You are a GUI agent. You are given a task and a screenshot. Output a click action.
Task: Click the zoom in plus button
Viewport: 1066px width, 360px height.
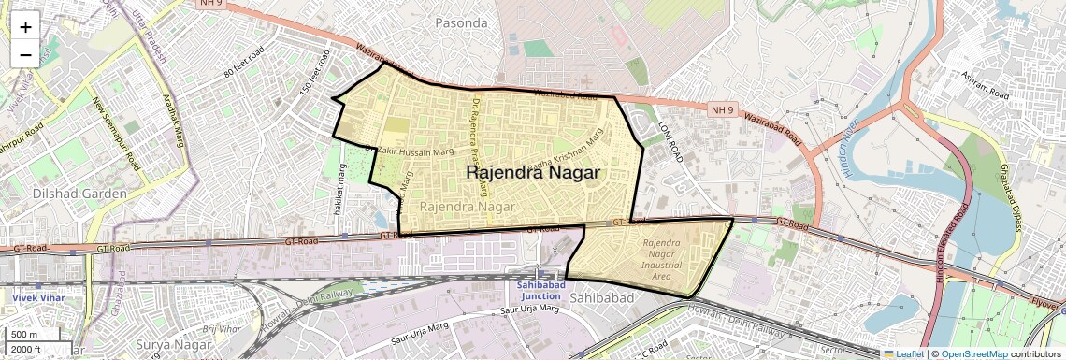pos(25,26)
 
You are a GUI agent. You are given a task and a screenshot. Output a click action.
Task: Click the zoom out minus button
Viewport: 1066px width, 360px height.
pos(25,54)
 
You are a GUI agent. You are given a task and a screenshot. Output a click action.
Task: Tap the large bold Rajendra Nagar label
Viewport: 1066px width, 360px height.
pos(532,173)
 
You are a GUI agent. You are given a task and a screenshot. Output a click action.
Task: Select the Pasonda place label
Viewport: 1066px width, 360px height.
pos(462,22)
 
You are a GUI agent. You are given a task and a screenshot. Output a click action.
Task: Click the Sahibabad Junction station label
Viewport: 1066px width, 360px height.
pos(540,290)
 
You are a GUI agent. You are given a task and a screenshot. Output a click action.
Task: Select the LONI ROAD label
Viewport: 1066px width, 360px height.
pos(670,141)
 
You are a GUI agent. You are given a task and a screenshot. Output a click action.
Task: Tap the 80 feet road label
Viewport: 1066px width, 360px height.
pos(244,60)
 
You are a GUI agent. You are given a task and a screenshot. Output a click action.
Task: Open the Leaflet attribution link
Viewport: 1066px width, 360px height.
pos(904,354)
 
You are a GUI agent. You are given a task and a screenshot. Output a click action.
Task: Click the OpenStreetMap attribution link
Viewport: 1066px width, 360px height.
pos(974,354)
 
